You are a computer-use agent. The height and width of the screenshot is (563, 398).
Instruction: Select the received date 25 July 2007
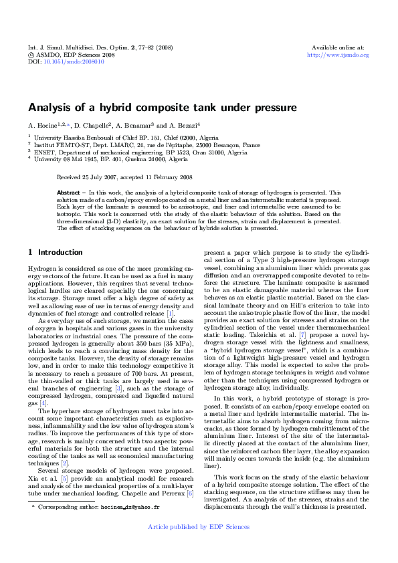[x=102, y=177]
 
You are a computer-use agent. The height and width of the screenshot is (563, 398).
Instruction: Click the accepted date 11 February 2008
[x=165, y=177]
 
